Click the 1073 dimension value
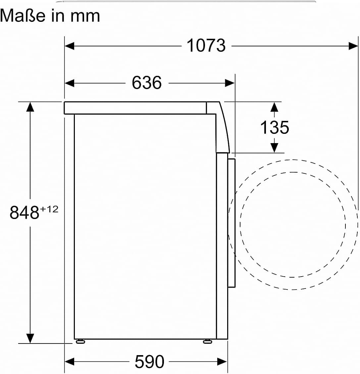click(206, 45)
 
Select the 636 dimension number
click(147, 83)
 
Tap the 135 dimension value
click(275, 127)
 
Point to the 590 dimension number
click(149, 362)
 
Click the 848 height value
click(24, 213)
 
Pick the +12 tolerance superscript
click(49, 209)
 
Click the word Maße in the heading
click(23, 16)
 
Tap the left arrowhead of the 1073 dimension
click(69, 46)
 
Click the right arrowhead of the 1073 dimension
click(353, 46)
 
